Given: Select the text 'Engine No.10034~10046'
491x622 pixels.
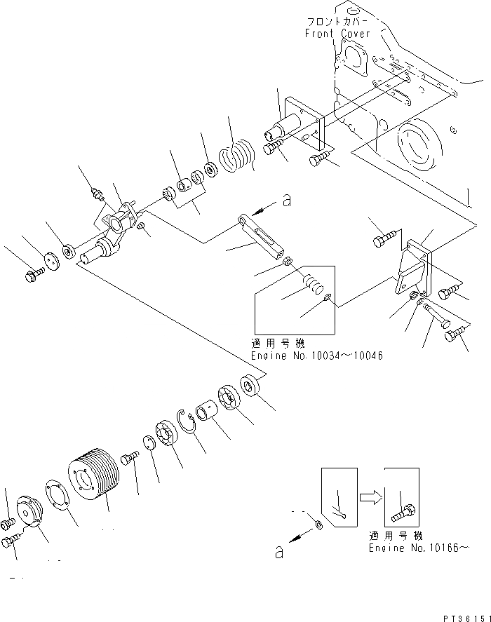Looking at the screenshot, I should point(316,356).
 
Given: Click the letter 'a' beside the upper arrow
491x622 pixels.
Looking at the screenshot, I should point(285,201).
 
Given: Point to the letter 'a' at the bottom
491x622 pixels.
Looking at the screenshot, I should point(278,554).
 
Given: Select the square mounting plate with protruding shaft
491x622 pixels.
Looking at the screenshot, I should point(298,126).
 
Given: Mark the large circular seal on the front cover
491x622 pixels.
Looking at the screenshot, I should point(419,154).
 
